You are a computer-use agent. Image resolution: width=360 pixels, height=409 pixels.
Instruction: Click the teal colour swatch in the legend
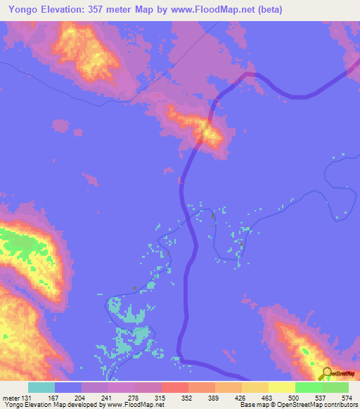tap(41, 387)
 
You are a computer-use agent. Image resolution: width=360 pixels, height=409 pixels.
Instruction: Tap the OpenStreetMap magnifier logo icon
tap(326, 373)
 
